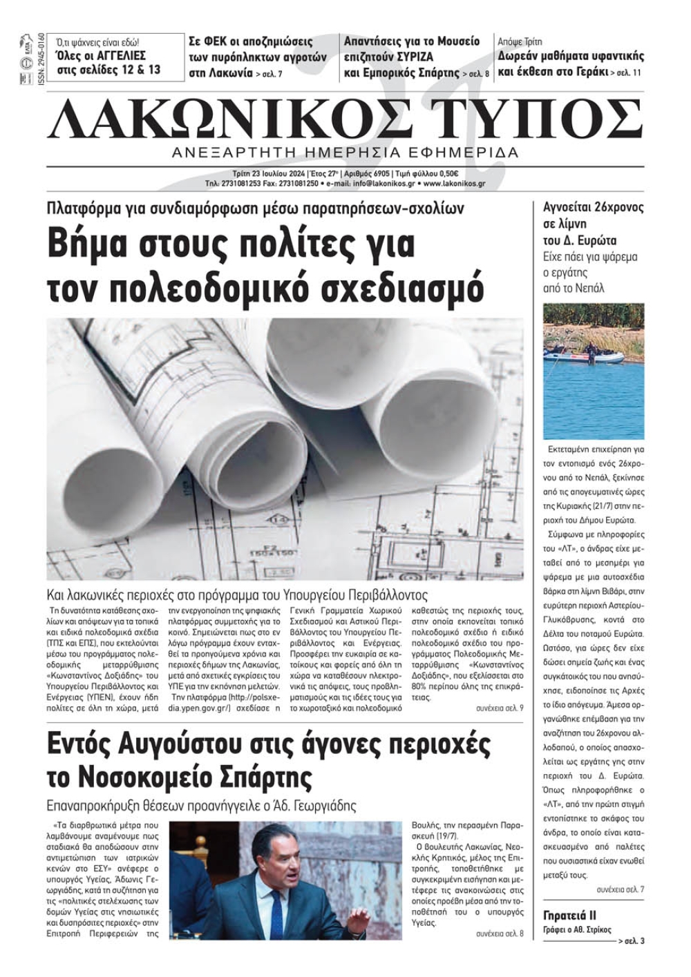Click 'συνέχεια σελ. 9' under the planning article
coord(500,708)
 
